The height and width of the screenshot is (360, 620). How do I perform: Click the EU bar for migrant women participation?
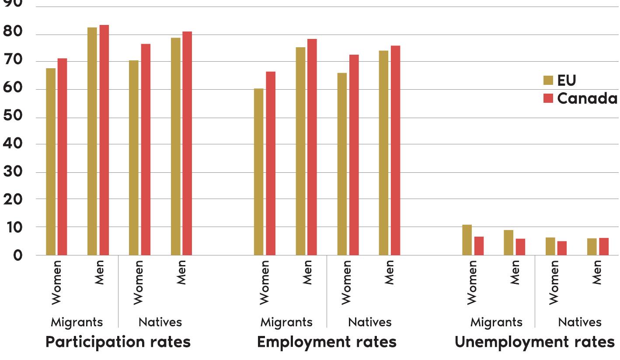pyautogui.click(x=51, y=162)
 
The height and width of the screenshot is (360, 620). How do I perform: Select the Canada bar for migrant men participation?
pyautogui.click(x=104, y=140)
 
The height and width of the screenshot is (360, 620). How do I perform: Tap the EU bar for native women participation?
pyautogui.click(x=134, y=157)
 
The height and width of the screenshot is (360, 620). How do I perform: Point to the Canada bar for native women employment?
pyautogui.click(x=354, y=155)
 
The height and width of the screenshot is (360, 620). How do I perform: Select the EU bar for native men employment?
pyautogui.click(x=383, y=153)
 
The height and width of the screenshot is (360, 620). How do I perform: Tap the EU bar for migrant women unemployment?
pyautogui.click(x=467, y=240)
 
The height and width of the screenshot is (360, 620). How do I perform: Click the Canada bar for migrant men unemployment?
pyautogui.click(x=520, y=247)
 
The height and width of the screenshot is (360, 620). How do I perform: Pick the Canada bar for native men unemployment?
pyautogui.click(x=604, y=247)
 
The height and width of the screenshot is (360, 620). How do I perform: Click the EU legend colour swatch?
pyautogui.click(x=548, y=80)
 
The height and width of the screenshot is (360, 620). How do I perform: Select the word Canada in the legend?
pyautogui.click(x=587, y=98)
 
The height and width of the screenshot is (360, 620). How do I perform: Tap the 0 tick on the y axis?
pyautogui.click(x=17, y=255)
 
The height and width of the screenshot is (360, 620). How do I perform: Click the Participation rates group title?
pyautogui.click(x=118, y=342)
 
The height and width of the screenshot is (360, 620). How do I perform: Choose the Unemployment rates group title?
pyautogui.click(x=535, y=342)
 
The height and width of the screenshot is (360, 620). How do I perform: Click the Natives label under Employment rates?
pyautogui.click(x=370, y=322)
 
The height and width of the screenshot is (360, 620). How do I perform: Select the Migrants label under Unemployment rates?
pyautogui.click(x=496, y=322)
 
